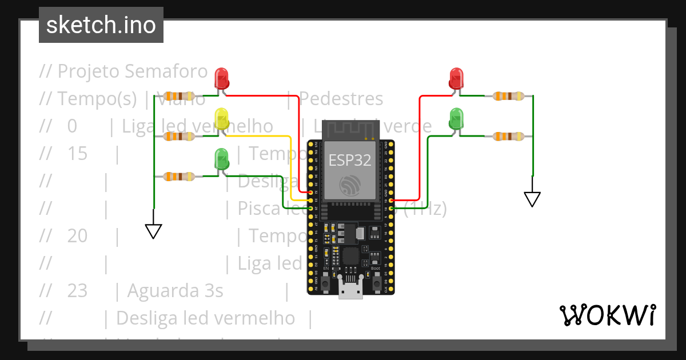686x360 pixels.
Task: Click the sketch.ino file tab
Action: click(101, 25)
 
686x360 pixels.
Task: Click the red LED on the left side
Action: click(221, 77)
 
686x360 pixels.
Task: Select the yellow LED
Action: click(221, 118)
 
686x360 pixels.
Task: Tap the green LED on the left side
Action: click(221, 158)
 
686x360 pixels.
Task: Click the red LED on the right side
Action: click(456, 78)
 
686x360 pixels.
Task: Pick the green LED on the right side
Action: click(456, 118)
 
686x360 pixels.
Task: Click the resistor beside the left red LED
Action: click(180, 96)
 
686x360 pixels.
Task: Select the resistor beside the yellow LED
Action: click(180, 136)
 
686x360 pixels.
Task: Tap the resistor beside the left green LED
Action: click(180, 177)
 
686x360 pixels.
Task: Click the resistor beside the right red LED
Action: click(508, 96)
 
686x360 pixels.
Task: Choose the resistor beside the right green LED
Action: click(508, 136)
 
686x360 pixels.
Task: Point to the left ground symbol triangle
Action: click(154, 231)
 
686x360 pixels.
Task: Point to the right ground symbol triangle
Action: click(532, 199)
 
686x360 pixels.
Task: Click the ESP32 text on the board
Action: click(350, 161)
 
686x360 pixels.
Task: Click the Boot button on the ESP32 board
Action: click(377, 282)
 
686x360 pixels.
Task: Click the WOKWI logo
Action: click(607, 315)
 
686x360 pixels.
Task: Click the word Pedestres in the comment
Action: click(341, 99)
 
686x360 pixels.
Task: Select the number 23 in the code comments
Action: click(77, 291)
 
